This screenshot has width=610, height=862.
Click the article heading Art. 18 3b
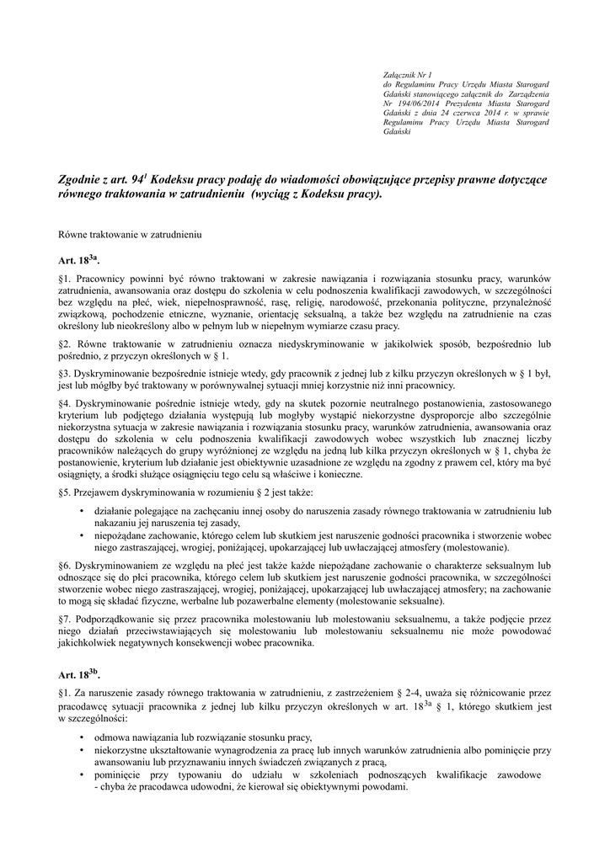(78, 674)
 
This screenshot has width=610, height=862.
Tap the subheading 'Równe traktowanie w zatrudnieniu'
(128, 229)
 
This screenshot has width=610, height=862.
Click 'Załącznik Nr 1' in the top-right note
(407, 77)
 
